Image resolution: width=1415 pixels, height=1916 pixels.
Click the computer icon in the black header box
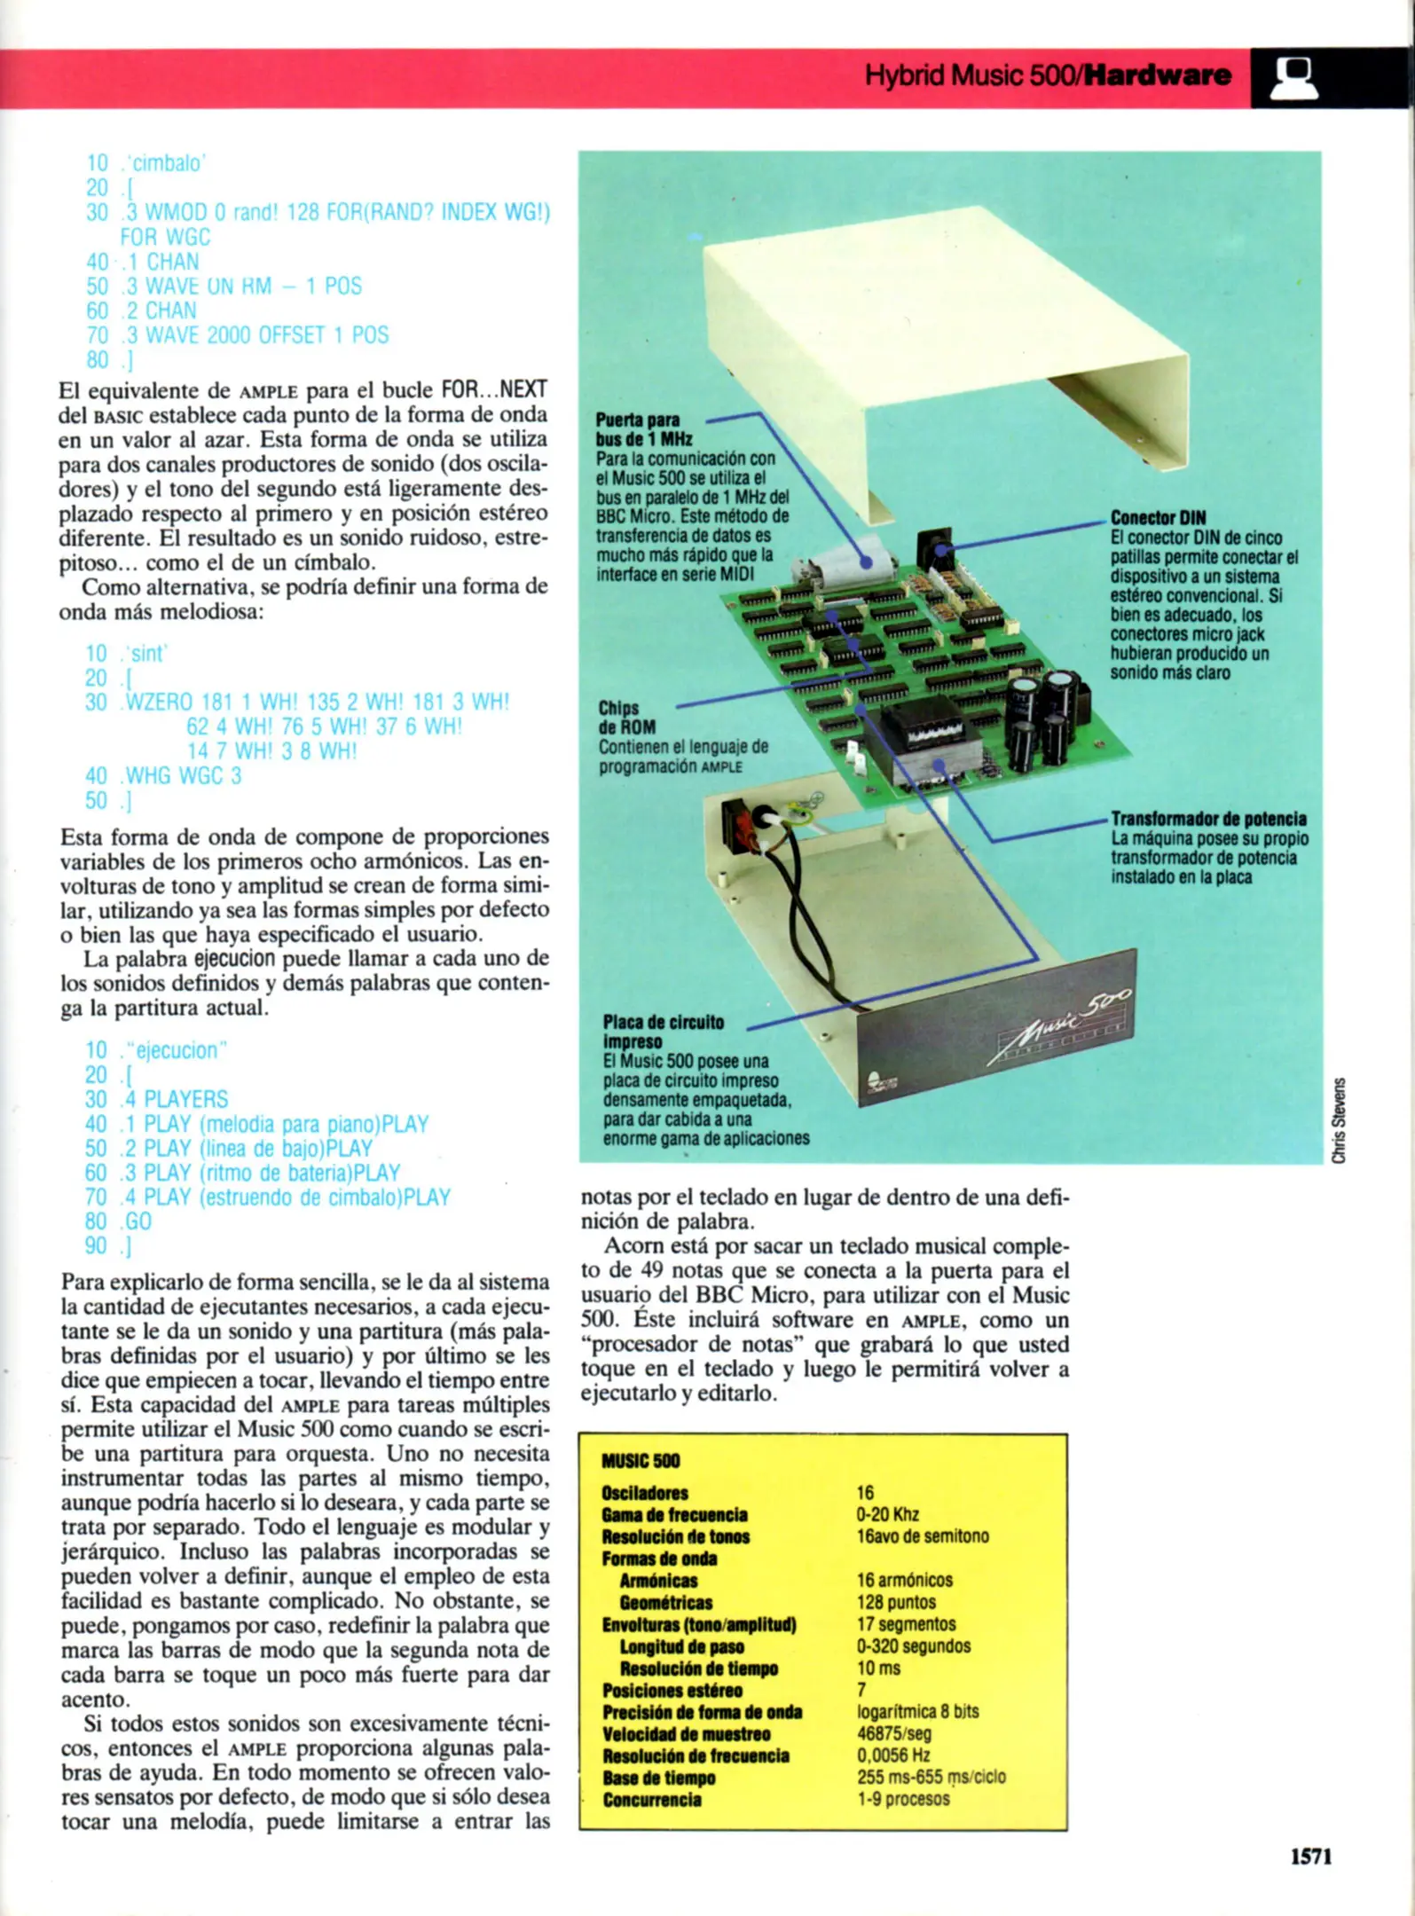[1295, 78]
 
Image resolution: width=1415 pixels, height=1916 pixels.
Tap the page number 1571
[1310, 1856]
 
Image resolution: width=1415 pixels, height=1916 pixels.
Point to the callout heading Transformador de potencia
[1208, 819]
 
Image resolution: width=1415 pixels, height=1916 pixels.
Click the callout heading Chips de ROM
[626, 718]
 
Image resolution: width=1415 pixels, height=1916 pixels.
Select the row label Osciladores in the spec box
[644, 1494]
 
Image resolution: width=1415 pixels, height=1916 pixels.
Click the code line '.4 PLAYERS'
[174, 1100]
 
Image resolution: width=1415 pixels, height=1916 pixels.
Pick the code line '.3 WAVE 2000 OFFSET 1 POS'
[254, 335]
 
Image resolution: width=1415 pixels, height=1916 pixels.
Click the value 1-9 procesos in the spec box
[902, 1800]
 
